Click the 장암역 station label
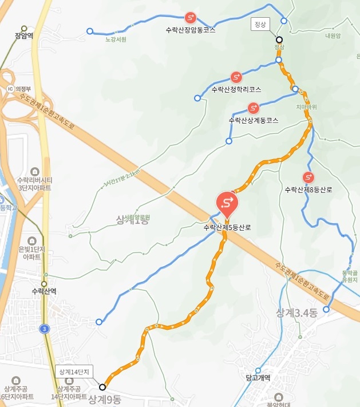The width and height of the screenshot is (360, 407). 24,35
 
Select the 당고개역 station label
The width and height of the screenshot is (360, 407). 258,378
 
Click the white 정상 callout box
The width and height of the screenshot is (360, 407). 260,24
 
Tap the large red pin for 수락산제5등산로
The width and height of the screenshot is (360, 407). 227,203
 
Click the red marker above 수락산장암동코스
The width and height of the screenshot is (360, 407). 191,18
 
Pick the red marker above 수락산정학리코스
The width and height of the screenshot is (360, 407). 236,77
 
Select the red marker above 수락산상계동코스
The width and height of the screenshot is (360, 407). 253,108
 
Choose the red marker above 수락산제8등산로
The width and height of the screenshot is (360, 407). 308,177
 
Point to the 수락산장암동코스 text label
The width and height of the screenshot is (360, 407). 190,30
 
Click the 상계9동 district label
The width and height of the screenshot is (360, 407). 105,400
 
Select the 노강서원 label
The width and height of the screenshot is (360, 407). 116,40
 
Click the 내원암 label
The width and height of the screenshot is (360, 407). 333,35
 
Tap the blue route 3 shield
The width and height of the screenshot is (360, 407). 44,329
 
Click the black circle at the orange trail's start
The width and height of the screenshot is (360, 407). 102,387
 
